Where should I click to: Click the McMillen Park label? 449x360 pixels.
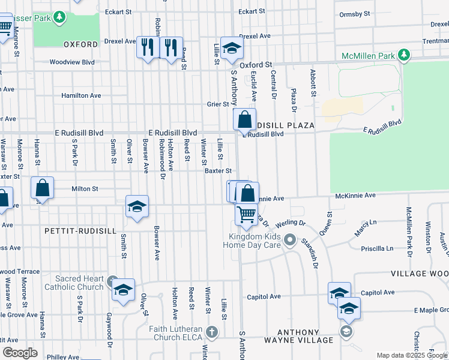point(368,56)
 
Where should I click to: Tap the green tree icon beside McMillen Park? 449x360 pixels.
point(404,56)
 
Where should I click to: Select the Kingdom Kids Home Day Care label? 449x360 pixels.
point(252,240)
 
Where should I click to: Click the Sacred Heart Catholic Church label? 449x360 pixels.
point(79,283)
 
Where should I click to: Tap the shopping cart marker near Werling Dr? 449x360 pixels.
point(246,215)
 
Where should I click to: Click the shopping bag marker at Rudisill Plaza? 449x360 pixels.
point(245,119)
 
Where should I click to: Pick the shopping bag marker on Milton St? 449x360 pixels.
point(43,188)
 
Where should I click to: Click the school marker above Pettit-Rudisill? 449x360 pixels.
point(137,207)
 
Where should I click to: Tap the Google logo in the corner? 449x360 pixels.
point(20,353)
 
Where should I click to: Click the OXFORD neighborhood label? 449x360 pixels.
point(80,44)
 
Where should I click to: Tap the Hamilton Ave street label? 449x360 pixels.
point(81,95)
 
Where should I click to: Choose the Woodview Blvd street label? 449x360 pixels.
point(72,62)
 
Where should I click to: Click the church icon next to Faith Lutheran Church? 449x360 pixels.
point(211,332)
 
